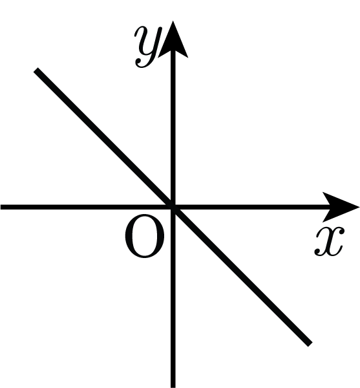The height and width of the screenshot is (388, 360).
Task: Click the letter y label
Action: [x=148, y=47]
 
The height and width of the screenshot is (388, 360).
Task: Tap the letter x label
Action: [x=330, y=241]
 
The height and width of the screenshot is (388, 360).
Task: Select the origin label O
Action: [x=144, y=237]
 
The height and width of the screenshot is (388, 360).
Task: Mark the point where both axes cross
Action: [x=173, y=207]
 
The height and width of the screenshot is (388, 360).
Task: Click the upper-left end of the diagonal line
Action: [x=36, y=70]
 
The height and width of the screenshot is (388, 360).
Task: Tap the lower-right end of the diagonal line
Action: [x=310, y=345]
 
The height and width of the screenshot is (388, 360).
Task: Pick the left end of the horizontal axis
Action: [x=1, y=207]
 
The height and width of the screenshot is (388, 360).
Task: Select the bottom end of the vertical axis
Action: [x=173, y=387]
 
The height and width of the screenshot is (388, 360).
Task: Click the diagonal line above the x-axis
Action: [x=104, y=138]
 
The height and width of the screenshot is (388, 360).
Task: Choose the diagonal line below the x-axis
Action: [x=242, y=276]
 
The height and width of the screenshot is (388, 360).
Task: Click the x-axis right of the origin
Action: [x=252, y=207]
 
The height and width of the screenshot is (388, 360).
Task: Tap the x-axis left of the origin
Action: [x=87, y=207]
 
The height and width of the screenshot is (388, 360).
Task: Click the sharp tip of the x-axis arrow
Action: [x=359, y=207]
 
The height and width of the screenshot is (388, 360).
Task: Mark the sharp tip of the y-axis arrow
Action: [x=173, y=21]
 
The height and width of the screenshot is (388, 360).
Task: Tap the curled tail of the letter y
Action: [x=142, y=63]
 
